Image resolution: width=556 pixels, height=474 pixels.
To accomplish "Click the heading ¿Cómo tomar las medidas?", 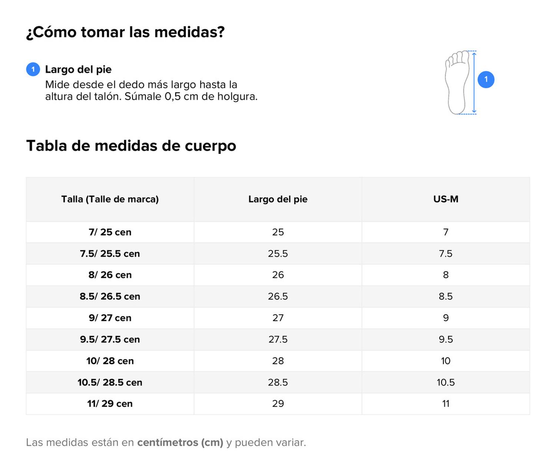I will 125,32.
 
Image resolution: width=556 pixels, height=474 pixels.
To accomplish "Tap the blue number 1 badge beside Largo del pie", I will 33,69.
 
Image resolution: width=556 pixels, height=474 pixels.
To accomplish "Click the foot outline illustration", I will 457,82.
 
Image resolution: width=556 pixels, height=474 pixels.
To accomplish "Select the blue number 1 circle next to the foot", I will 486,79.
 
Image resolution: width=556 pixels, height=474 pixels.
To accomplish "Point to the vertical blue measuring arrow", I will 474,82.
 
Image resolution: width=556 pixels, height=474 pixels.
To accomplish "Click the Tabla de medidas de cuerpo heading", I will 131,146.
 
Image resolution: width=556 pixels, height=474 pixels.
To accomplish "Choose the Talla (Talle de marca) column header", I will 110,199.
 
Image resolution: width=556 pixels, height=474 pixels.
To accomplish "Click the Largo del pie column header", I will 278,199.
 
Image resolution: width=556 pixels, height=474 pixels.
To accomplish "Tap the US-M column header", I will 446,199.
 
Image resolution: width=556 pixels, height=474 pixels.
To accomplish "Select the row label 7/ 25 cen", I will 110,232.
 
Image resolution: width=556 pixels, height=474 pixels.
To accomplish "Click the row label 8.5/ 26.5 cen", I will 110,296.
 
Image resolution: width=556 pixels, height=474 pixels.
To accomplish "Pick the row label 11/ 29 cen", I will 110,404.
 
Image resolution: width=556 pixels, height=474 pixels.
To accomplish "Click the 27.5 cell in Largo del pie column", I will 278,339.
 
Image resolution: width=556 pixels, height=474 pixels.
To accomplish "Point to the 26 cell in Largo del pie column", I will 278,275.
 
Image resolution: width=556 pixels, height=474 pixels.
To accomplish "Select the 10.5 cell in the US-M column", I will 446,382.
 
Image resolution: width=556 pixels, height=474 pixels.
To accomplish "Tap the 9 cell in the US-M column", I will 446,318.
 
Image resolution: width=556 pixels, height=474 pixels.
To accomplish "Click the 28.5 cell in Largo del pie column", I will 278,382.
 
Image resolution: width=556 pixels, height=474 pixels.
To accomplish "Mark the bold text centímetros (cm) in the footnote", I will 180,442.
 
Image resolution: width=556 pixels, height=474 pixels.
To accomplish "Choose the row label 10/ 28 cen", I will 110,361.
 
